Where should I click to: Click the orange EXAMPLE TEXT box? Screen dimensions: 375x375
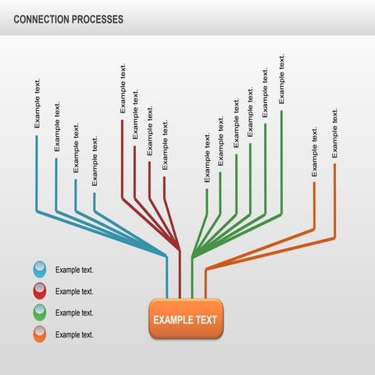pyautogui.click(x=186, y=319)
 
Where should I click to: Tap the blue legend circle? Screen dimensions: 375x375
pyautogui.click(x=39, y=270)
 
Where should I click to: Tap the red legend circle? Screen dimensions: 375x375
pyautogui.click(x=39, y=291)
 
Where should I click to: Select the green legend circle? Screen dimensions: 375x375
pyautogui.click(x=39, y=312)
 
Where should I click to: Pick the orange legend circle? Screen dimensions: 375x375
pyautogui.click(x=39, y=334)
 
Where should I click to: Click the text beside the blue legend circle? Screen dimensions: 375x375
pyautogui.click(x=74, y=270)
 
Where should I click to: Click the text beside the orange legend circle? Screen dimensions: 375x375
pyautogui.click(x=74, y=334)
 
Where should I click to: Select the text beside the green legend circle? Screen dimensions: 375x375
pyautogui.click(x=74, y=312)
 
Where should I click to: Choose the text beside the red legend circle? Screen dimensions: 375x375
pyautogui.click(x=74, y=291)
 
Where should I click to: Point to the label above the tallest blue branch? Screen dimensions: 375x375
pyautogui.click(x=37, y=103)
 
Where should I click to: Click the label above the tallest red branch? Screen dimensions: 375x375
pyautogui.click(x=123, y=88)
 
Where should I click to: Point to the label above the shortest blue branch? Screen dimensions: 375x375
pyautogui.click(x=95, y=161)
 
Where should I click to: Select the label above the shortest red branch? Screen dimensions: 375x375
pyautogui.click(x=165, y=145)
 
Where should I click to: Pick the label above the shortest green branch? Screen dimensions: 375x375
pyautogui.click(x=207, y=157)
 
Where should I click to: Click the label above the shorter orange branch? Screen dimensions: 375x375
pyautogui.click(x=315, y=152)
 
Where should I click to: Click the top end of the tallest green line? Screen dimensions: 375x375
pyautogui.click(x=282, y=111)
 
